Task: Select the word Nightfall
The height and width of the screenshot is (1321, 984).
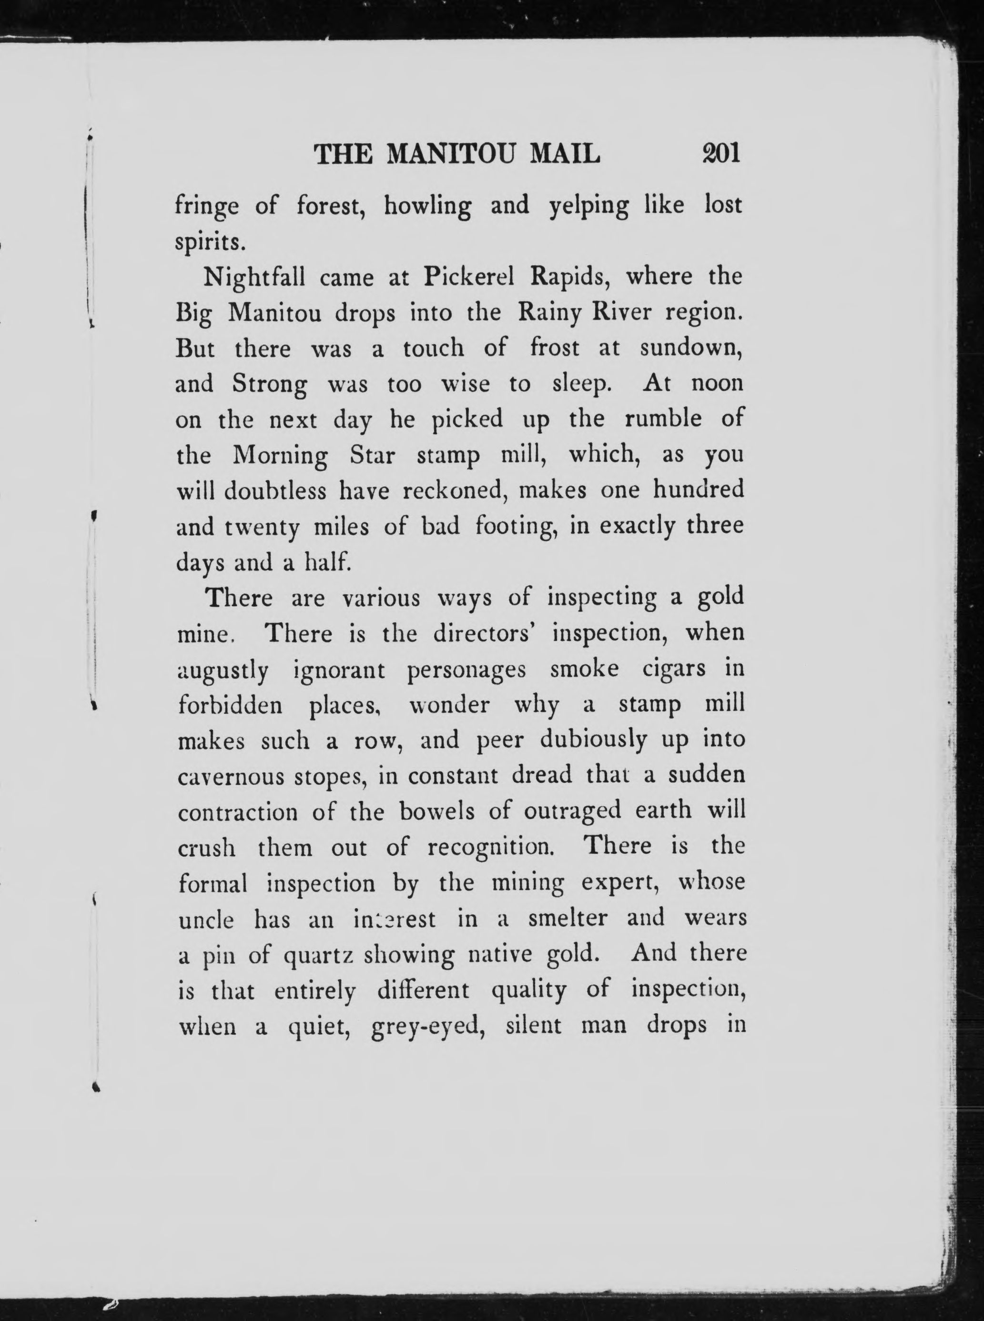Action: point(254,278)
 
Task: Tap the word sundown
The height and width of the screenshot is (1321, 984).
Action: point(691,348)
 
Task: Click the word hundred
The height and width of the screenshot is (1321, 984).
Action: point(698,490)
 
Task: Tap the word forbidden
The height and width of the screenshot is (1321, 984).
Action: point(230,705)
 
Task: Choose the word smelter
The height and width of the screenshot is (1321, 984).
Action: point(567,919)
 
